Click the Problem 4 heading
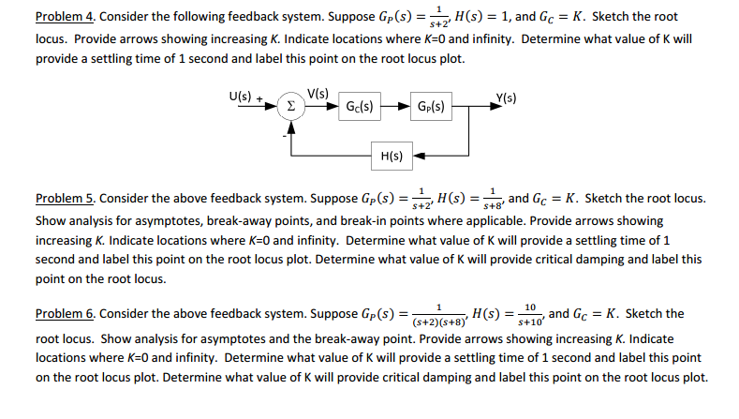[66, 17]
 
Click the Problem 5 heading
[66, 199]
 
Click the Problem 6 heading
[66, 314]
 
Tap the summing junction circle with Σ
[290, 106]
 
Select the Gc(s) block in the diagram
[360, 106]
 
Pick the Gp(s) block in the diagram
[431, 106]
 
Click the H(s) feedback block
[392, 156]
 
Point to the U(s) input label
[241, 97]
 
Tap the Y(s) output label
[506, 98]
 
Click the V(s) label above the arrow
[318, 94]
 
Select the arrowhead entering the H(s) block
[419, 156]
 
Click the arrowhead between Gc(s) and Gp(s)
[404, 106]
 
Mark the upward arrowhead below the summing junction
[291, 127]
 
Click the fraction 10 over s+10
[530, 315]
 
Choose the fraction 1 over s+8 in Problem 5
[493, 199]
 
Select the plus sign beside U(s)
[259, 98]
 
